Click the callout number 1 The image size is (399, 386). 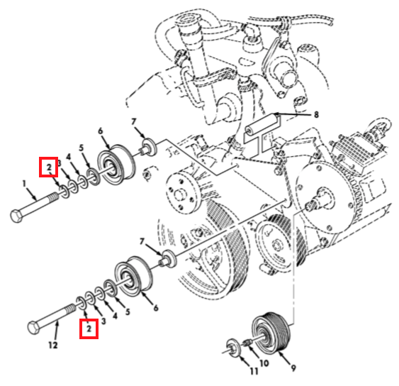click(x=24, y=184)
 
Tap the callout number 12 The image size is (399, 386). click(x=53, y=346)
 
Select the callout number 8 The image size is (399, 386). click(x=316, y=115)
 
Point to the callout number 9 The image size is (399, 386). click(x=293, y=368)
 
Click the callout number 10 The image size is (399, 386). click(x=264, y=363)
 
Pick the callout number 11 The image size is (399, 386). click(x=254, y=371)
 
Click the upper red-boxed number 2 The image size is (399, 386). click(x=49, y=167)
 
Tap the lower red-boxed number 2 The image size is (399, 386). click(x=89, y=329)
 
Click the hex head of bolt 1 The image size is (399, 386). click(x=17, y=216)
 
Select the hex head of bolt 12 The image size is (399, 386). click(x=33, y=327)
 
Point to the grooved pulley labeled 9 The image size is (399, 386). click(x=270, y=333)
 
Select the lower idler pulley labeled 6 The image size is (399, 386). click(x=134, y=277)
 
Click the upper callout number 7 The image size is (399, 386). click(x=134, y=122)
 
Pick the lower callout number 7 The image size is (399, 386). click(x=142, y=241)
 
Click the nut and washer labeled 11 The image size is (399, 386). click(x=232, y=348)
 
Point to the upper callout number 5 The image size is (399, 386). click(x=82, y=148)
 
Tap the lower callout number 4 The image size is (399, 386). click(x=115, y=316)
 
